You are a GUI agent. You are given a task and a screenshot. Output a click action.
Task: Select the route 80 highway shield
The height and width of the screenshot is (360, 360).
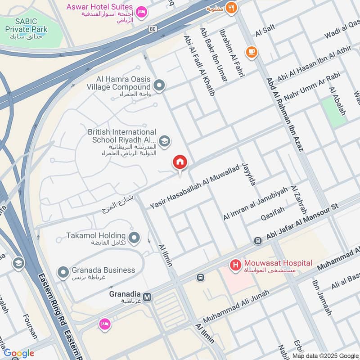coord(152,28)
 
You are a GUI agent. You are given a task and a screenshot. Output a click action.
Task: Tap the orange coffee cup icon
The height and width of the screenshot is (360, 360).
coord(252,52)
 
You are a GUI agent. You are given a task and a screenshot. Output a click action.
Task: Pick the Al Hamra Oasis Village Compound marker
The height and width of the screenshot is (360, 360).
coord(159,85)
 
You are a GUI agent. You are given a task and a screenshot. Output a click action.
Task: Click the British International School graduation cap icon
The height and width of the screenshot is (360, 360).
coord(165,142)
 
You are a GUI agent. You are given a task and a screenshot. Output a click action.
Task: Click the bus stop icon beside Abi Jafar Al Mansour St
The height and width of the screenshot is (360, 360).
coord(258,241)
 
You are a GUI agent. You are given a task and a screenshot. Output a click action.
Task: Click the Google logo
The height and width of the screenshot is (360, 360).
coord(19,353)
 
